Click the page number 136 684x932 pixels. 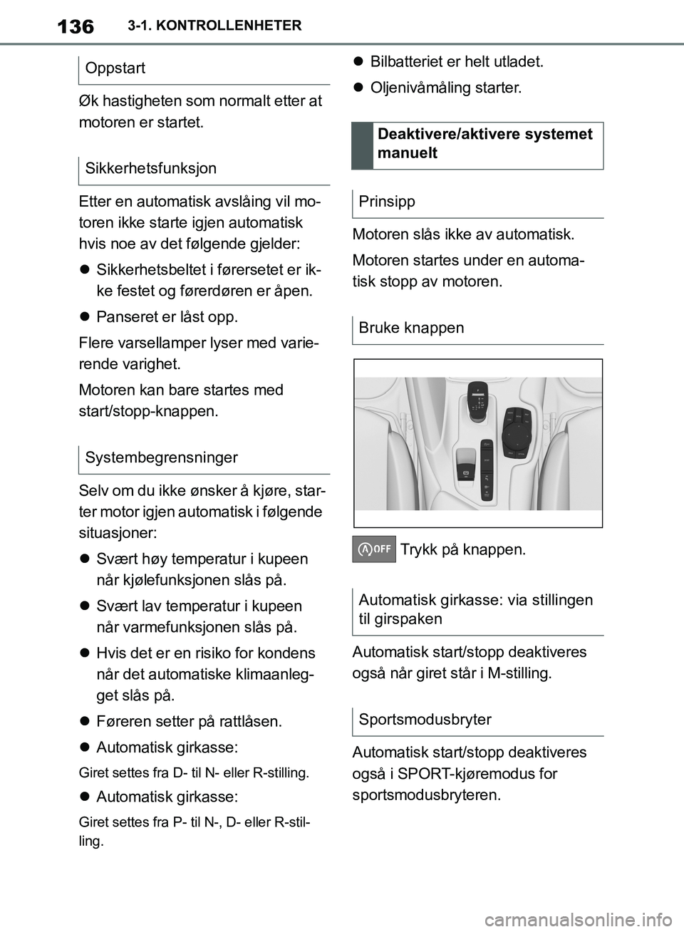tap(75, 26)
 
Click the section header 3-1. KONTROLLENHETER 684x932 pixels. tap(214, 26)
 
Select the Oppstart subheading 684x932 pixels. tap(115, 68)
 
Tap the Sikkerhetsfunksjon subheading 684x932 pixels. tap(150, 169)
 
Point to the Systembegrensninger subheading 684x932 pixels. tap(161, 457)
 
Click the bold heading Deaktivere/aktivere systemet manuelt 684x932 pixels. tap(484, 144)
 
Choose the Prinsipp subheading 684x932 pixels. tap(387, 202)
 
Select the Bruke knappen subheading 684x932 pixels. tap(411, 328)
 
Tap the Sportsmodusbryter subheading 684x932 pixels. tap(425, 720)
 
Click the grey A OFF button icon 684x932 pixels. tap(374, 549)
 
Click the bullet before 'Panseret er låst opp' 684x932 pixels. tap(83, 317)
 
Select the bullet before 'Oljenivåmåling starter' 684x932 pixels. tap(358, 88)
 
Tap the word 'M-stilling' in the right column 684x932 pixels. tap(518, 673)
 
